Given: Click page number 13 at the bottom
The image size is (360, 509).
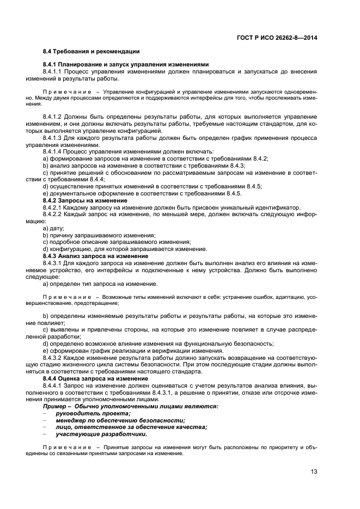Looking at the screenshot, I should [314, 471].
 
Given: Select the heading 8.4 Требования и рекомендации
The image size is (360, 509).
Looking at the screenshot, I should [91, 51].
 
